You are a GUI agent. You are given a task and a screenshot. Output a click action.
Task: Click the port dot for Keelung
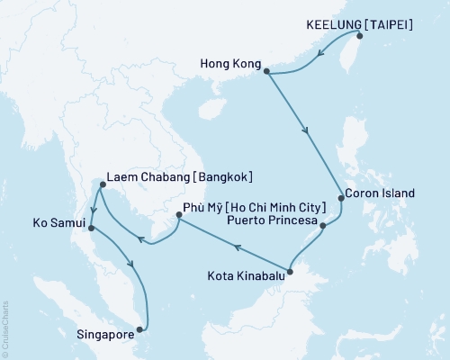coord(359,36)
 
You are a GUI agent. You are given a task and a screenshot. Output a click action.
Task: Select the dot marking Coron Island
coord(340,196)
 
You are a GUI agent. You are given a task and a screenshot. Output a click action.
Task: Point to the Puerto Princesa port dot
coord(323,225)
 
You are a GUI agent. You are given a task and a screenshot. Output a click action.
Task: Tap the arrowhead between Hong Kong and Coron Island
coord(308,131)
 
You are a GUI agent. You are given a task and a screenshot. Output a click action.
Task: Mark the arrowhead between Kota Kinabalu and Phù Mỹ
coord(235,244)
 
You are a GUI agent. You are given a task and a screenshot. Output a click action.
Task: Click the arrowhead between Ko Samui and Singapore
coord(133,266)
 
